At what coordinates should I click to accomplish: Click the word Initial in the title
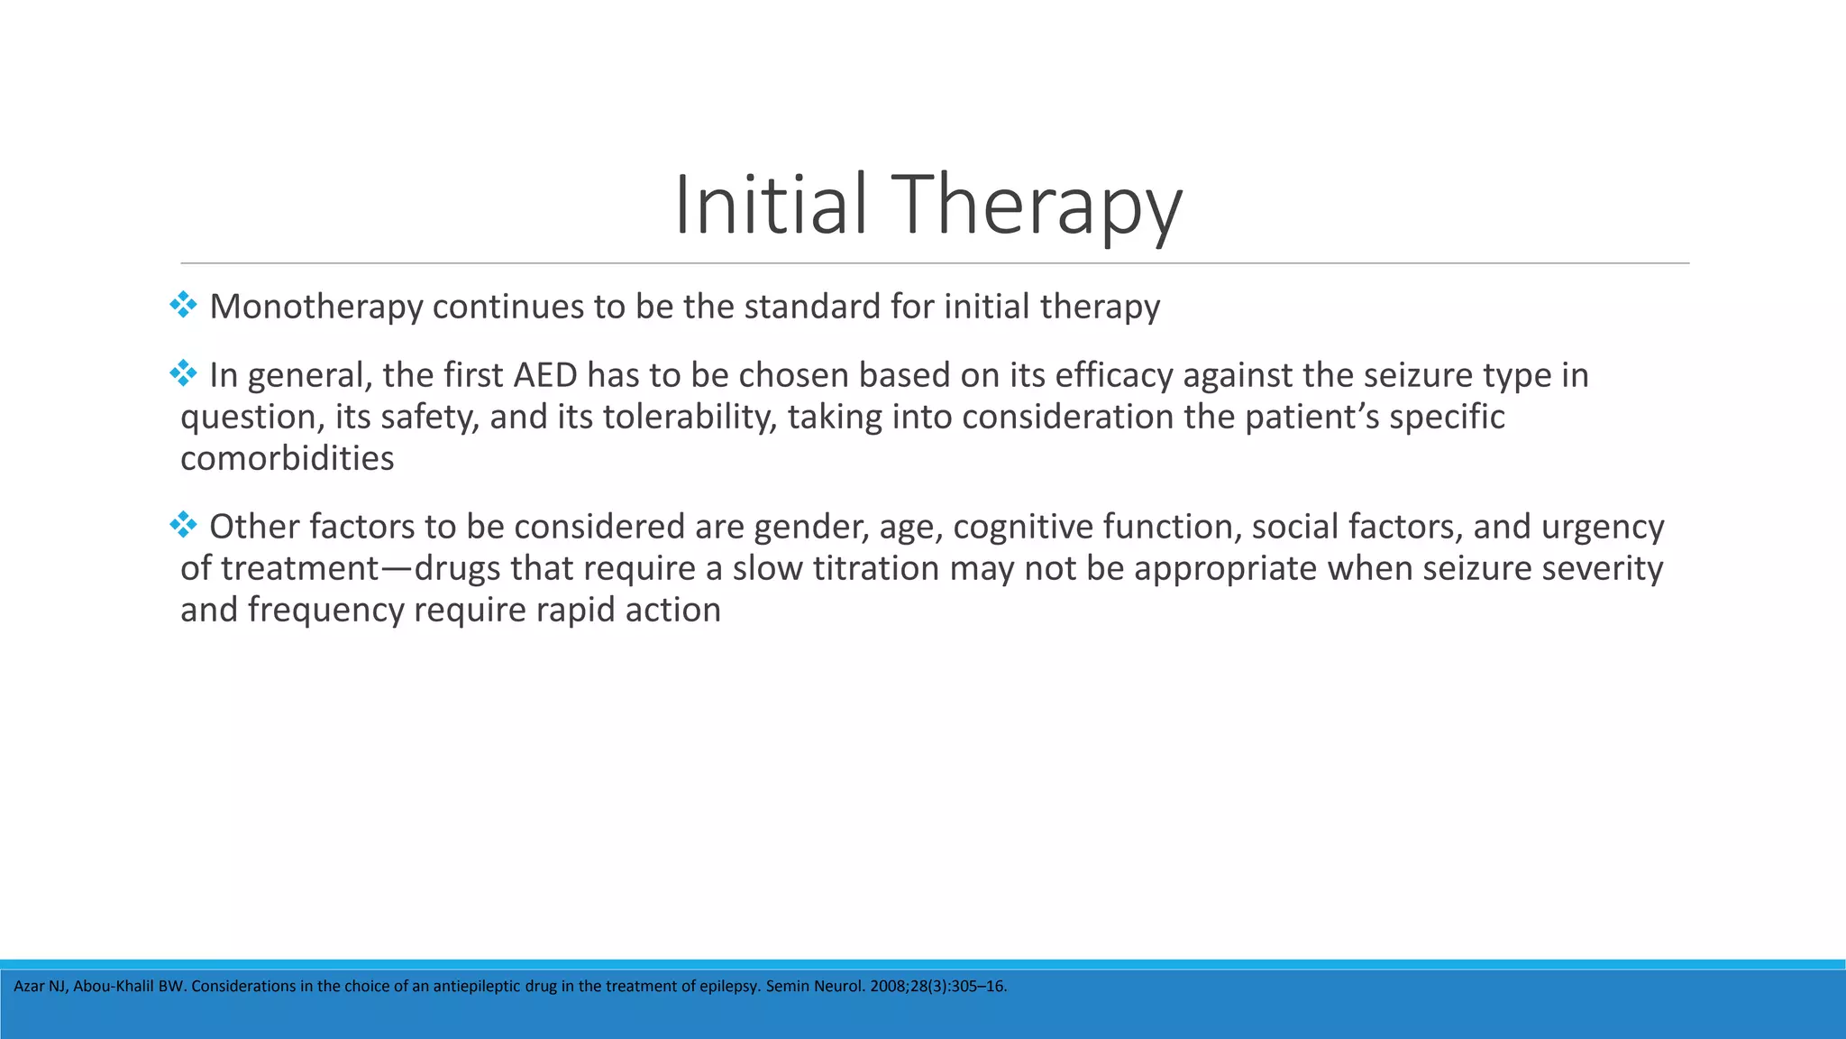point(770,205)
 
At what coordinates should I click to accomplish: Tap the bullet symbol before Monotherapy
point(183,305)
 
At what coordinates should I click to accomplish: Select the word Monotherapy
point(315,307)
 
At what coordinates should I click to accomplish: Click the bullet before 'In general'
point(183,373)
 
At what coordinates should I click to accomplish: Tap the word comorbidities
point(288,458)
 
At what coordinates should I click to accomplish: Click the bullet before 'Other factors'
point(183,525)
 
